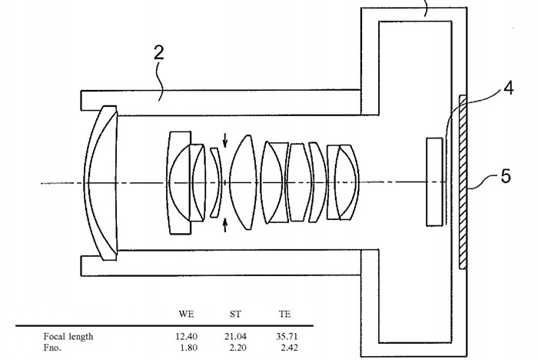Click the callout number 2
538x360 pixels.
click(x=158, y=54)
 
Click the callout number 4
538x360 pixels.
click(x=509, y=88)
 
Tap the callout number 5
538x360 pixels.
click(x=506, y=176)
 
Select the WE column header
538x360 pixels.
click(x=186, y=314)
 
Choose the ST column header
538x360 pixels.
click(x=235, y=314)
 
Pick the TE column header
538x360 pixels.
click(x=285, y=314)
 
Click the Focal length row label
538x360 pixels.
click(x=68, y=336)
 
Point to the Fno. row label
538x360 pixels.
click(x=52, y=348)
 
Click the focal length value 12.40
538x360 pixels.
click(x=186, y=336)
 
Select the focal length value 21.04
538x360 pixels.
click(x=235, y=336)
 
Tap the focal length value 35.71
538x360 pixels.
click(x=287, y=336)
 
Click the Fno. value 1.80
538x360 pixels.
click(x=189, y=348)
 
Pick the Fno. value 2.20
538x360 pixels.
click(x=237, y=348)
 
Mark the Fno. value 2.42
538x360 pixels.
click(x=289, y=348)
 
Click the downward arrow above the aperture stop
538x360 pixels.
click(x=225, y=141)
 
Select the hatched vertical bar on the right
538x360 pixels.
click(x=463, y=182)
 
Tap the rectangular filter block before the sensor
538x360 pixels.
click(x=434, y=182)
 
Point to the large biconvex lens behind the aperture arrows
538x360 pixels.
click(x=244, y=182)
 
